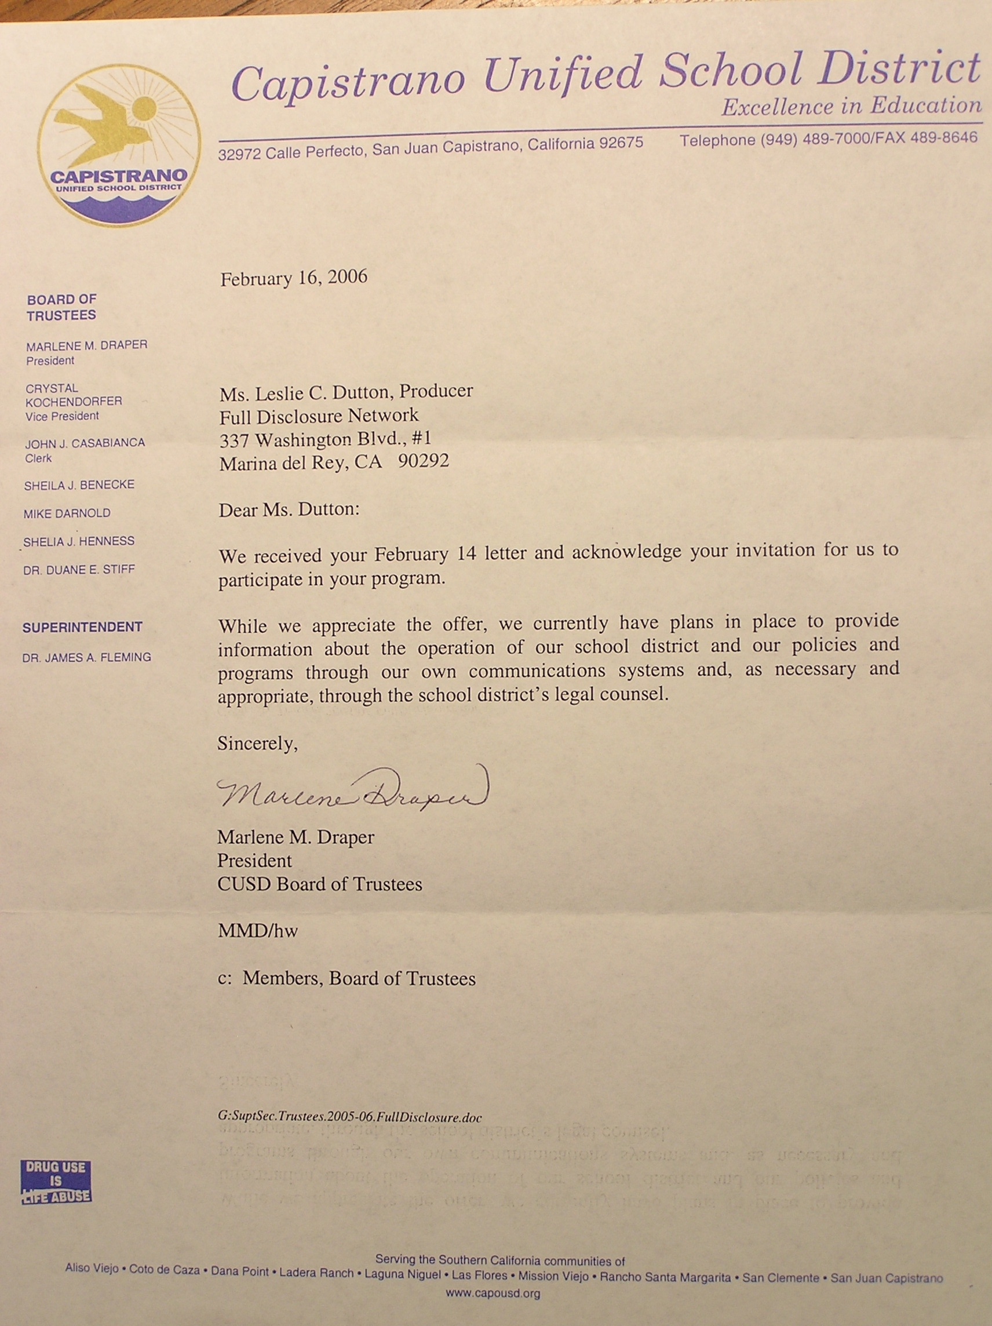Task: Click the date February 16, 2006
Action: point(294,279)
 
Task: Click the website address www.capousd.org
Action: point(493,1293)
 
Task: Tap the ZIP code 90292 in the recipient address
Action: point(423,461)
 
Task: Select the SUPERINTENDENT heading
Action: point(82,627)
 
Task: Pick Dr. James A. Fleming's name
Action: point(86,657)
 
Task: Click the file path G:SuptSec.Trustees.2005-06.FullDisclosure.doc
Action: point(350,1117)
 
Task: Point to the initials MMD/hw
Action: point(257,931)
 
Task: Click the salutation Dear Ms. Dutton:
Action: point(289,510)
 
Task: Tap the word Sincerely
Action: point(257,744)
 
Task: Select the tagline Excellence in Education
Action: point(851,107)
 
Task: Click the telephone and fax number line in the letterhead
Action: point(829,139)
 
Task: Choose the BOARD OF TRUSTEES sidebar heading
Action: point(61,307)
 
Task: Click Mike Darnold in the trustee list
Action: point(67,513)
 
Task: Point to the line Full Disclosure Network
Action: point(319,416)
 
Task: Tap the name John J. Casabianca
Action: point(85,443)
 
